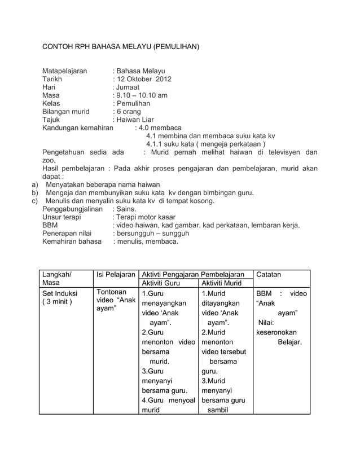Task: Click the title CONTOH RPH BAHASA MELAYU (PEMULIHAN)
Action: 121,44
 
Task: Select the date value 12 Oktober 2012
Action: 143,80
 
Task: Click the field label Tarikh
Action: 52,80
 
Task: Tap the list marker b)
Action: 34,193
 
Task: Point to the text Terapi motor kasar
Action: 146,217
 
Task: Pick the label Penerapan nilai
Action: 67,234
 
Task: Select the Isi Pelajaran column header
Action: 115,275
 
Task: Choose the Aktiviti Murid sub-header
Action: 221,283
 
